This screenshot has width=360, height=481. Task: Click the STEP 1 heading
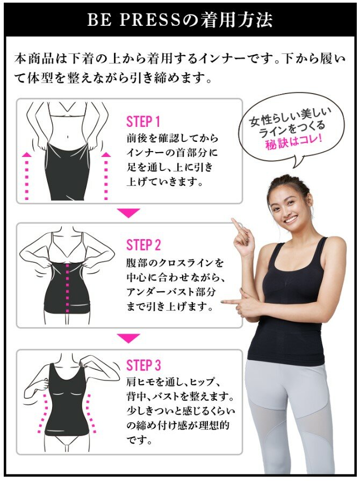(x=143, y=122)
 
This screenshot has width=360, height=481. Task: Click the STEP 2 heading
(x=143, y=245)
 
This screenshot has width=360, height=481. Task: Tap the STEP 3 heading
(x=143, y=365)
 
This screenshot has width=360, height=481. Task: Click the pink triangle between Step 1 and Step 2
(x=128, y=213)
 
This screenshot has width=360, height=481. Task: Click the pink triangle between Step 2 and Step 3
(x=128, y=338)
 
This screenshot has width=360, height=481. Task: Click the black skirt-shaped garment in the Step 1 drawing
(x=67, y=172)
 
